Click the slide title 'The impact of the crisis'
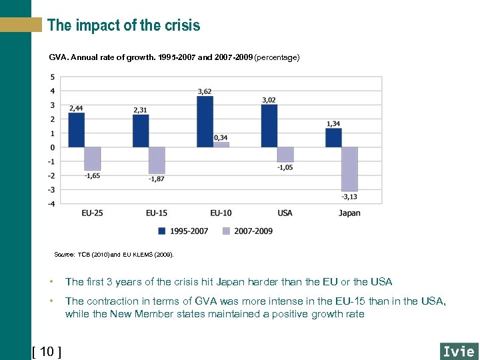[x=123, y=25]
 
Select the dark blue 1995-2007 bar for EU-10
[x=205, y=121]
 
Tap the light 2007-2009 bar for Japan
[x=349, y=169]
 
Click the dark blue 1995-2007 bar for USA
[x=269, y=125]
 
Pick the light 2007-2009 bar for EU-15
[x=157, y=160]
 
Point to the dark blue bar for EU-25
[x=77, y=129]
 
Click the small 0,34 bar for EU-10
[x=221, y=144]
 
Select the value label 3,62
[x=205, y=91]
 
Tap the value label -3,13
[x=349, y=197]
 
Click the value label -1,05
[x=285, y=167]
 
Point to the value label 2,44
[x=76, y=107]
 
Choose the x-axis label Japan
[x=349, y=213]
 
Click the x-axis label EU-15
[x=157, y=213]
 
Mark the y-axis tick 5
[x=53, y=77]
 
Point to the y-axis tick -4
[x=51, y=203]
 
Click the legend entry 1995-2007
[x=183, y=231]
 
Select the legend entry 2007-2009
[x=247, y=231]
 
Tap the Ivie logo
[x=459, y=351]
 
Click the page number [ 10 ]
[x=47, y=351]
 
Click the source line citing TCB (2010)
[x=113, y=255]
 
